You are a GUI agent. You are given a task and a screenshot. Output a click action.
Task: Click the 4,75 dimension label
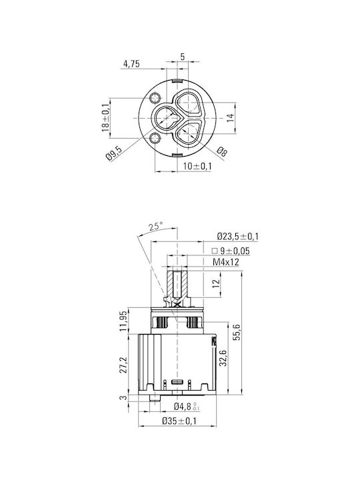click(131, 64)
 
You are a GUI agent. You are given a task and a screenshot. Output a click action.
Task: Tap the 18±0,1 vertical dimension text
click(105, 117)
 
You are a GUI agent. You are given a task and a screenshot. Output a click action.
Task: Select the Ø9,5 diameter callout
click(114, 153)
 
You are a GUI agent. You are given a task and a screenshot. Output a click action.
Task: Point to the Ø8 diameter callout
click(222, 151)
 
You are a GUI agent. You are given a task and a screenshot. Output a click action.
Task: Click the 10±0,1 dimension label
click(197, 166)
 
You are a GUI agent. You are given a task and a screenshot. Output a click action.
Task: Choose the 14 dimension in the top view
click(230, 118)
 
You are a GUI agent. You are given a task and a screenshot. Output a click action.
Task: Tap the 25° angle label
click(156, 227)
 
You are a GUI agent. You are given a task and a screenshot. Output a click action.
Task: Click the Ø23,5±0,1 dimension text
click(238, 236)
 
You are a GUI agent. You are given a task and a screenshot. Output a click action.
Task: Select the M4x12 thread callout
click(226, 262)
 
